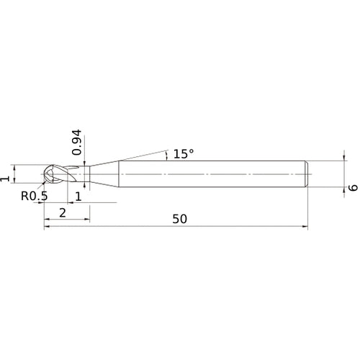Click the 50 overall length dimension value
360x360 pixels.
[179, 219]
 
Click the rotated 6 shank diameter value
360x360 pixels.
[353, 186]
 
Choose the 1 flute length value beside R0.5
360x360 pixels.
[78, 196]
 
